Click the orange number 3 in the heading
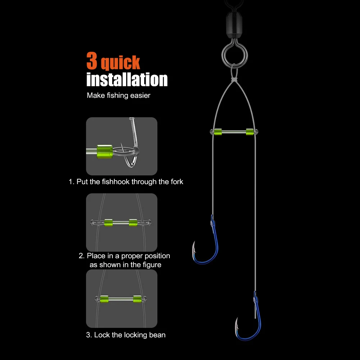click(92, 61)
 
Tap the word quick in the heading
click(120, 63)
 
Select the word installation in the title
click(127, 79)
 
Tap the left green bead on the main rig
click(218, 132)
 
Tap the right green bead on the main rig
click(250, 132)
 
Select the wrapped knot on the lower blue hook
click(256, 299)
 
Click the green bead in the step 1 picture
click(105, 151)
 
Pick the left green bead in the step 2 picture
click(108, 223)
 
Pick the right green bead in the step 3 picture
click(137, 299)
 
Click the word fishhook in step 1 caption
click(116, 182)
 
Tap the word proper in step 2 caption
click(132, 256)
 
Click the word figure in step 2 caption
click(152, 265)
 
